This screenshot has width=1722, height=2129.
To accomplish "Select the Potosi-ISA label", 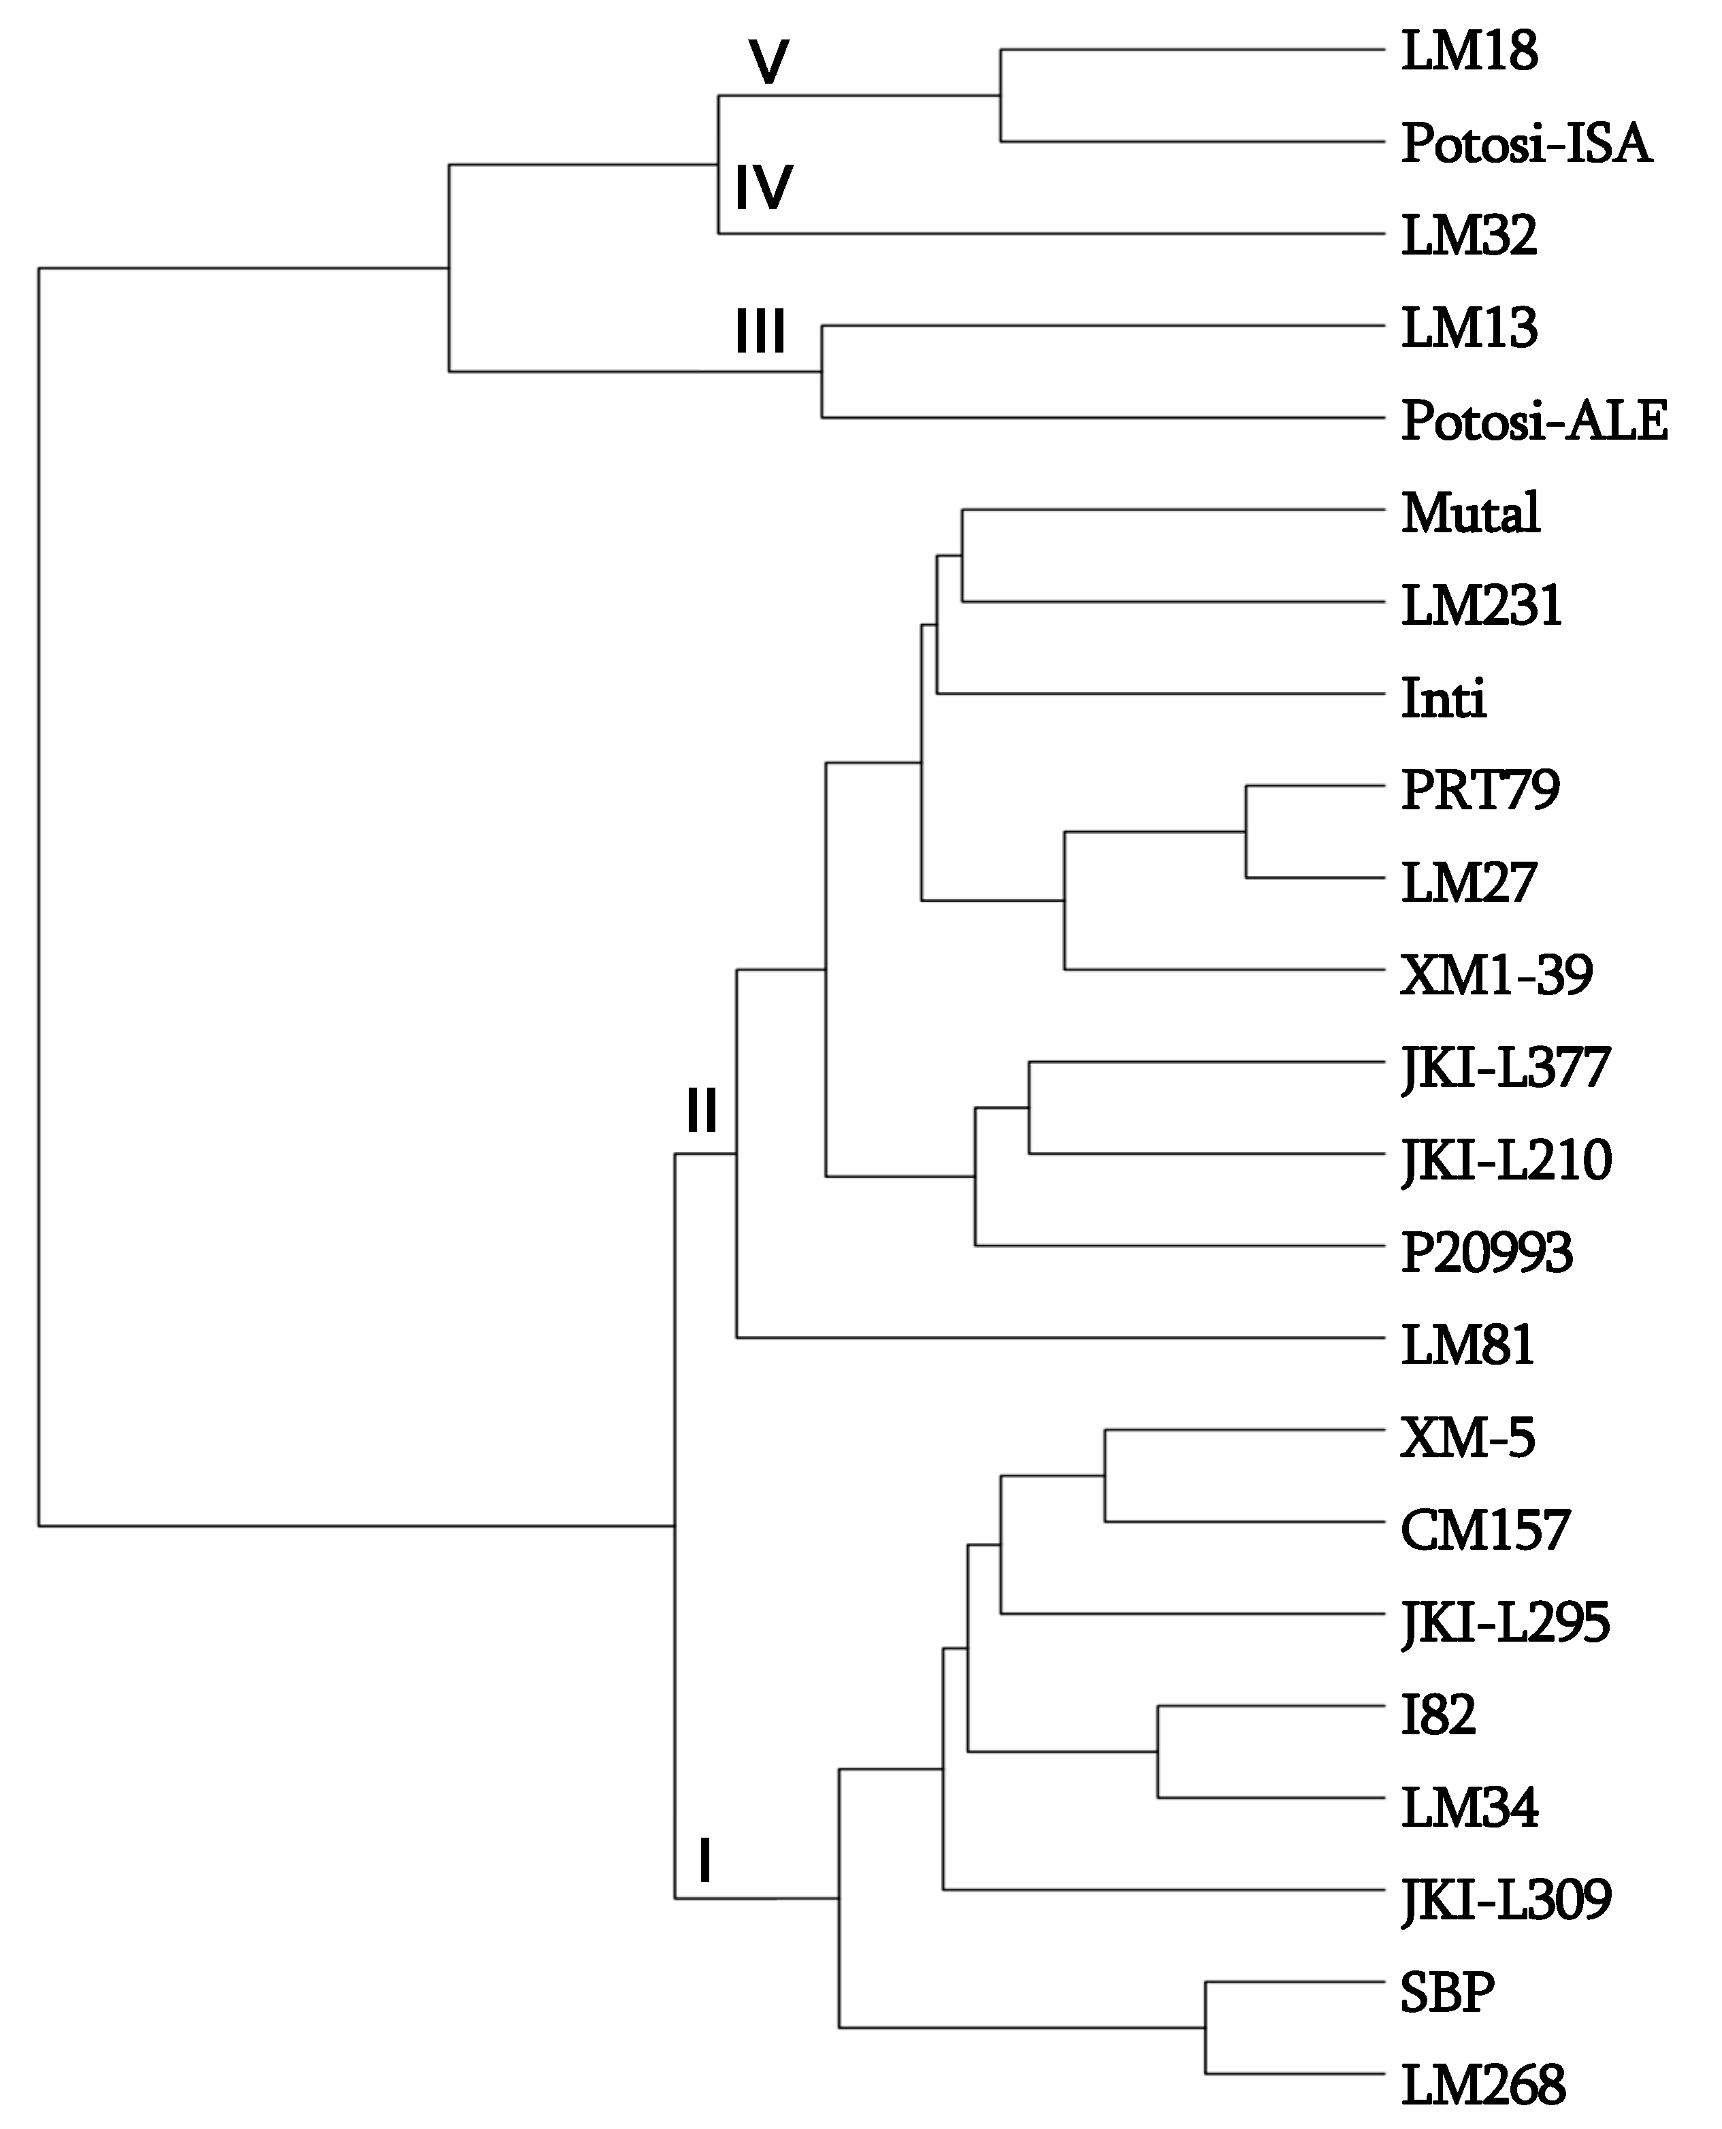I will tap(1525, 144).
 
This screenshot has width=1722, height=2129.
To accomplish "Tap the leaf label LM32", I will tap(1468, 236).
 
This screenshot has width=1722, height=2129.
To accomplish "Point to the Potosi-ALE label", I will tap(1533, 421).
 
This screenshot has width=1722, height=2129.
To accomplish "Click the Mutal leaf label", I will tap(1470, 513).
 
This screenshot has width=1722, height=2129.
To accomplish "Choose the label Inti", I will tap(1443, 698).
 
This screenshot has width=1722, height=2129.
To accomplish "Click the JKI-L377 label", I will tap(1505, 1069).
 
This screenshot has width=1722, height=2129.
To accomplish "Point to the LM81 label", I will tap(1467, 1344).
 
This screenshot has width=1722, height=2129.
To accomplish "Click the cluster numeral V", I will tap(768, 63).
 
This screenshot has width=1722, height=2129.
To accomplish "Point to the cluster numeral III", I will tap(760, 331).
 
